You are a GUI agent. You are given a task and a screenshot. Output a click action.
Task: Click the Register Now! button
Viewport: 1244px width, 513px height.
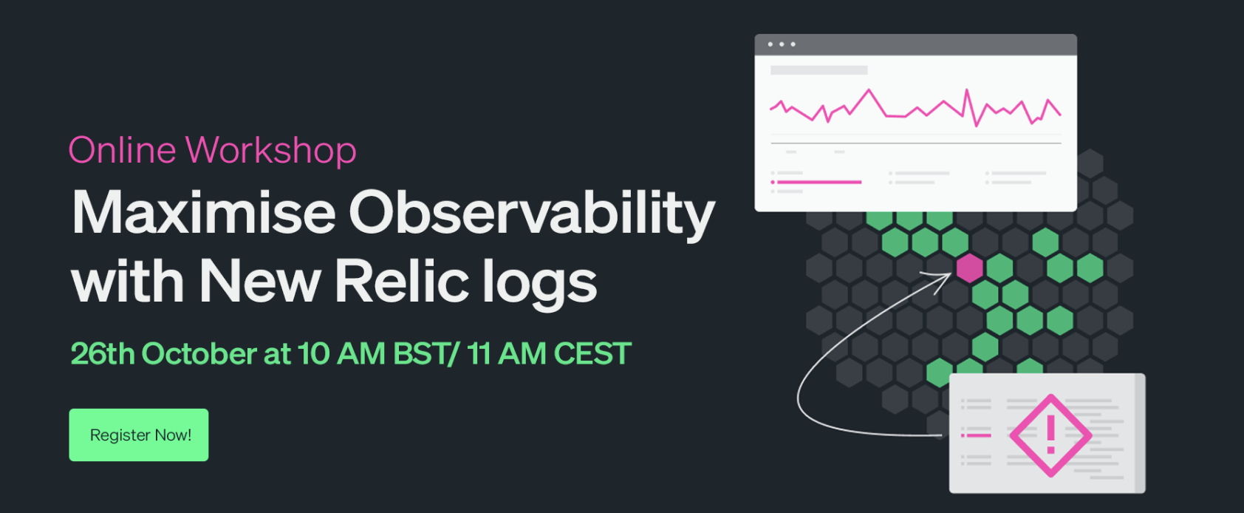pyautogui.click(x=139, y=435)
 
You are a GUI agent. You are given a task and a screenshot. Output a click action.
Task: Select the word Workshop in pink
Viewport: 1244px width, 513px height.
pyautogui.click(x=270, y=152)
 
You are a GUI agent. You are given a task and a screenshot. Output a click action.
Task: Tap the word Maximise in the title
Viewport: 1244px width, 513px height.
pyautogui.click(x=203, y=212)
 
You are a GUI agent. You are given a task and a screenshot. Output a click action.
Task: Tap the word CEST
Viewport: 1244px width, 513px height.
pyautogui.click(x=592, y=353)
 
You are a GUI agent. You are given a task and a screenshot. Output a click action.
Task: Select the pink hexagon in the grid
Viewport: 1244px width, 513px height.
pyautogui.click(x=970, y=268)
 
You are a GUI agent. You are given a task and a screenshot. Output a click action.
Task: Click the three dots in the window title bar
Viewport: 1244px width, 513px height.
pyautogui.click(x=782, y=44)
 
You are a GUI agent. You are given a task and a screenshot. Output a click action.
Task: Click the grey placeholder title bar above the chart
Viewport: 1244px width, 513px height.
pyautogui.click(x=819, y=70)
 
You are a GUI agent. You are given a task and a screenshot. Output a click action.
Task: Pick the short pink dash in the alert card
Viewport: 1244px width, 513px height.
pyautogui.click(x=977, y=435)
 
